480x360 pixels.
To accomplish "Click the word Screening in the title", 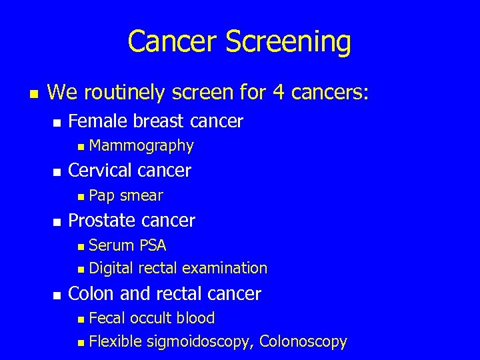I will [288, 41].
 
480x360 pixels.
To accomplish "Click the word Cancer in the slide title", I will [173, 41].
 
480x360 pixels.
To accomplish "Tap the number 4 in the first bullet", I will [278, 92].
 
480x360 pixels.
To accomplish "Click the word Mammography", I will [141, 145].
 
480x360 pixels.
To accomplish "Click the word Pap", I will [102, 195].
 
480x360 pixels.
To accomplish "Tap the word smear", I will [141, 195].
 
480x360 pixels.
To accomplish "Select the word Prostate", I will [99, 220].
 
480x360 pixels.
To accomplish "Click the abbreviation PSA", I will [153, 245].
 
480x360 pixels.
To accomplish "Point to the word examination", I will [225, 268].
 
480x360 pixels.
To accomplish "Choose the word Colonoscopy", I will [303, 342].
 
